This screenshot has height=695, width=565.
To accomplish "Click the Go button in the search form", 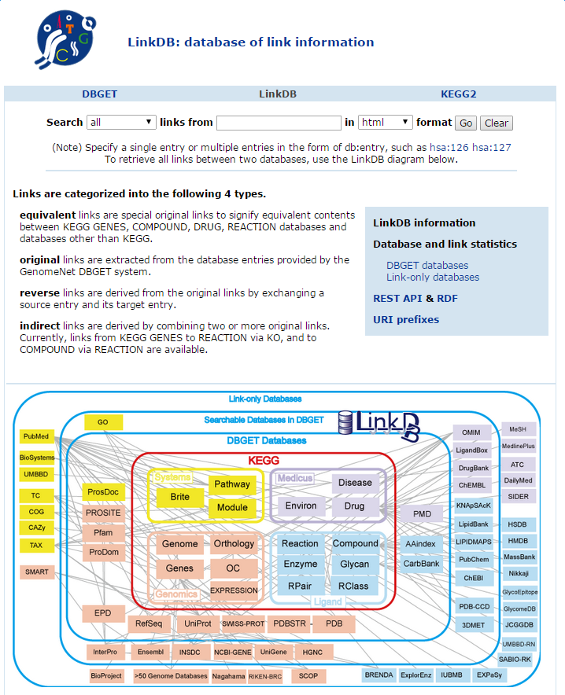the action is (466, 123).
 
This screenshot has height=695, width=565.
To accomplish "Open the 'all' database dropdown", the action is (121, 123).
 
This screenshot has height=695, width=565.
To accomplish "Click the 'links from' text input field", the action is (279, 123).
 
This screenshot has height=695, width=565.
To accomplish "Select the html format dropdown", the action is (386, 123).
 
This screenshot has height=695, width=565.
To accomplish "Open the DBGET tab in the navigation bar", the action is (100, 94).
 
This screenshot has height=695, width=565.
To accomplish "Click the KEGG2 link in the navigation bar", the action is (458, 94).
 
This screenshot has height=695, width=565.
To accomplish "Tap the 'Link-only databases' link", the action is (433, 277).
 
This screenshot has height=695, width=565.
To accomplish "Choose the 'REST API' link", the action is (397, 298).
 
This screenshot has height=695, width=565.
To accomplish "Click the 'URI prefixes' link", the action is (406, 319).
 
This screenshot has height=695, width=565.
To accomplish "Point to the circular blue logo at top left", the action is (65, 39).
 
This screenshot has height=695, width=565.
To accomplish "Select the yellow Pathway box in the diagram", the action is (232, 484).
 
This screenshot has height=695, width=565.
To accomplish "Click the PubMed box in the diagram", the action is (36, 436).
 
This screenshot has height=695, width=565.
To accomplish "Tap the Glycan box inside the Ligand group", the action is (354, 564).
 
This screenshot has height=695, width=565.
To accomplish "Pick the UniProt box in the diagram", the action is (198, 623).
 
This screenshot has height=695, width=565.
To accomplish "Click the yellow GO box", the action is (103, 422).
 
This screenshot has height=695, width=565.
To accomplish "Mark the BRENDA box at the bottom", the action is (379, 675).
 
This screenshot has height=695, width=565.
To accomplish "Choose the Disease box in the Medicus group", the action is (355, 483).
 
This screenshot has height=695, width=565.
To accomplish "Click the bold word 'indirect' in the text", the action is (39, 325).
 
